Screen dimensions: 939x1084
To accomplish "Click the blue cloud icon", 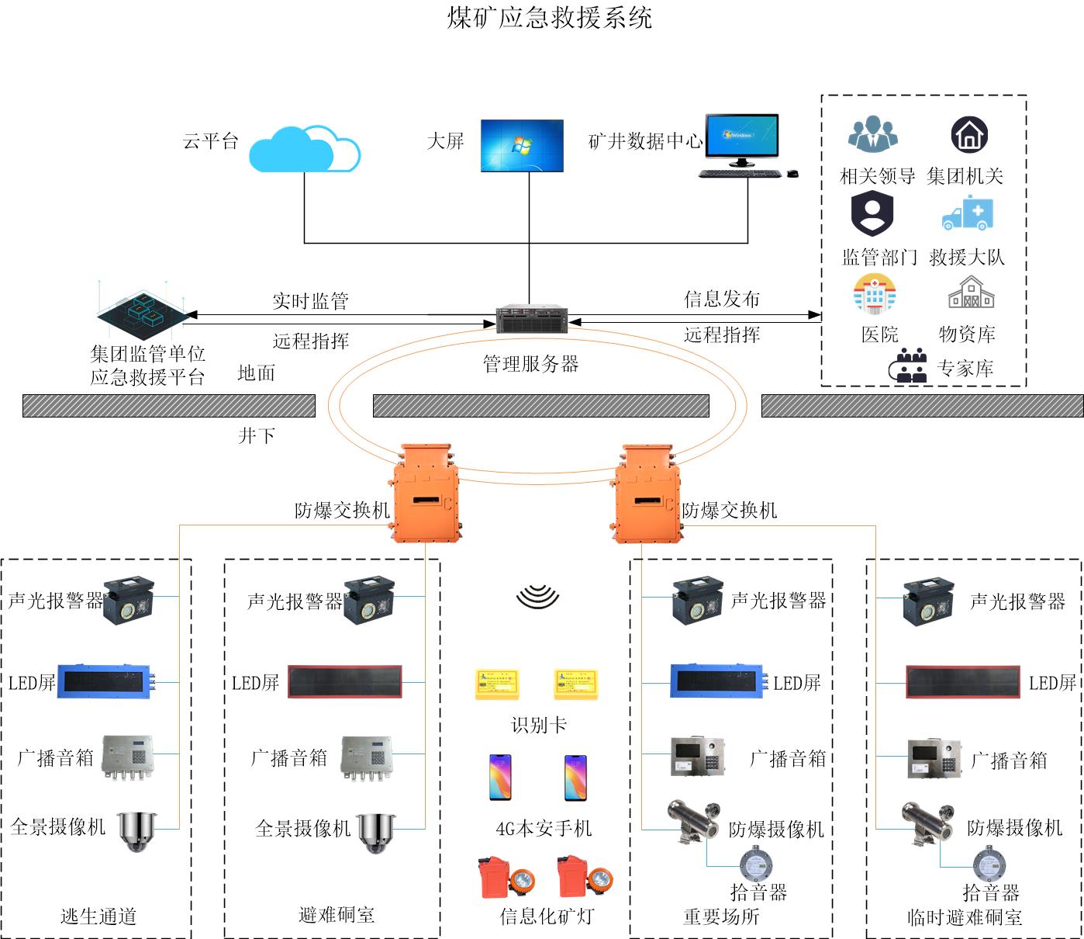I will tap(304, 149).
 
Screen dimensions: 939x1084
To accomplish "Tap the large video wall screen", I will tap(522, 145).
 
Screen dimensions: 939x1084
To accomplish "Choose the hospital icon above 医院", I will tap(875, 294).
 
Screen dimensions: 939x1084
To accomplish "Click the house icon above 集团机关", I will tap(969, 135).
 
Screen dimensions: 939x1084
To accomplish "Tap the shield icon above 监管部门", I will tap(872, 213).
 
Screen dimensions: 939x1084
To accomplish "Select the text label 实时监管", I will tap(310, 301).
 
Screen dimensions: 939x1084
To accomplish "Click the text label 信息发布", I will tap(722, 299).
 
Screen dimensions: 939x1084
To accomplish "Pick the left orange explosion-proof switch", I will tap(424, 494).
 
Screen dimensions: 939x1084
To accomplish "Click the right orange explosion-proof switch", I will tap(647, 494).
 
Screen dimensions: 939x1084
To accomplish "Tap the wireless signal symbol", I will tap(537, 596).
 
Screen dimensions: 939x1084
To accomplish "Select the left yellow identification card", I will tap(498, 684).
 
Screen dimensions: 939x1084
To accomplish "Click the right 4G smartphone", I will tap(575, 778).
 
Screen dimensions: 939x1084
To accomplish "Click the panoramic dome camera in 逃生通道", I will tap(137, 832).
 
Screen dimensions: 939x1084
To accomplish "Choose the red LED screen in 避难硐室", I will tap(346, 682).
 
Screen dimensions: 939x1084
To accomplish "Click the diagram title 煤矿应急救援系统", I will tap(550, 18).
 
